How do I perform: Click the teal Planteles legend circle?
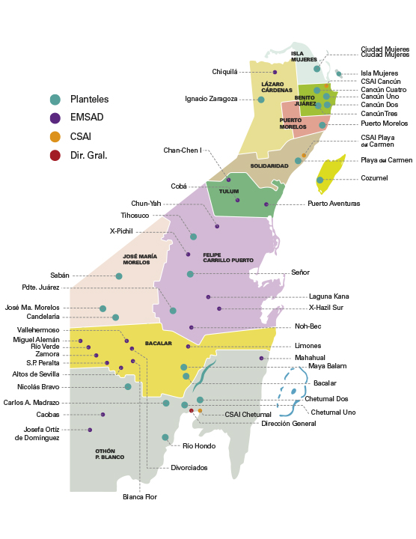pos(55,100)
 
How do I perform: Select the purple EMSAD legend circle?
pos(55,118)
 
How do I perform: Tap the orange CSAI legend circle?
pos(55,137)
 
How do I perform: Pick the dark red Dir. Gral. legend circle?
pos(55,156)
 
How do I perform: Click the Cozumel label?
pos(375,178)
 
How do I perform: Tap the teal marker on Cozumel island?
pos(320,180)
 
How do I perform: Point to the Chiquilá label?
pos(224,72)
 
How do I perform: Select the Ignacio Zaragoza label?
pos(211,99)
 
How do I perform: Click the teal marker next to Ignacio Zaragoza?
pos(261,100)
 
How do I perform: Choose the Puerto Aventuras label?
pos(334,204)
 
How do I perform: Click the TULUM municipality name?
pos(228,192)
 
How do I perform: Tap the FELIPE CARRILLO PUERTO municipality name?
pos(228,258)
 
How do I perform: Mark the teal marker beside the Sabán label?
pos(119,276)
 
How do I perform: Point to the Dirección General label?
pos(288,424)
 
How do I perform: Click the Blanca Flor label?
pos(140,496)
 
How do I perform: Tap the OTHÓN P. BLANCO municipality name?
pos(109,454)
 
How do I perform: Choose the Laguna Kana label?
pos(328,296)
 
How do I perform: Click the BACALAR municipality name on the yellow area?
pos(159,344)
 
